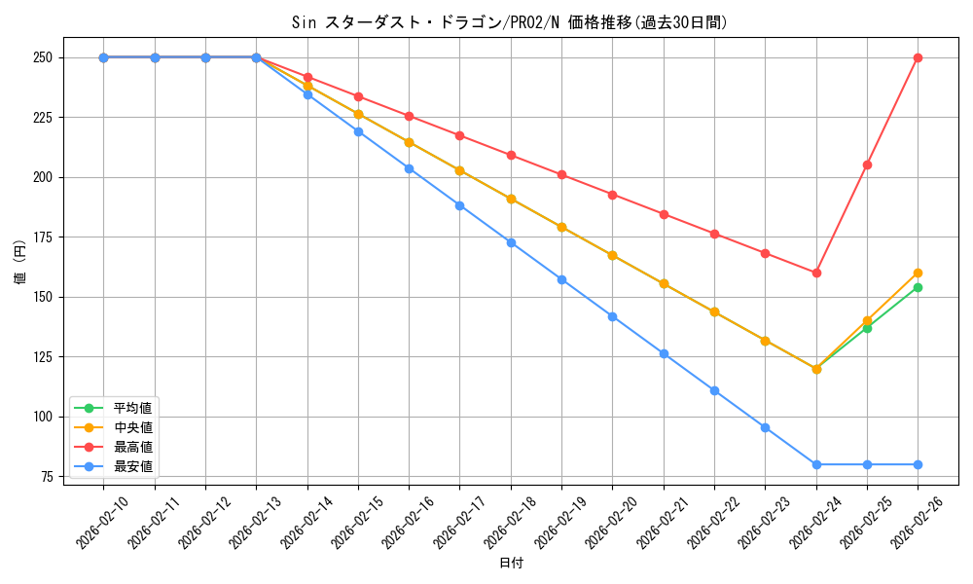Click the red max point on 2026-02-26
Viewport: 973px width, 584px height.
tap(918, 57)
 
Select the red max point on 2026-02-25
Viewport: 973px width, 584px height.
tap(867, 164)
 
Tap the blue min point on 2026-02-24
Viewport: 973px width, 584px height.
tap(816, 464)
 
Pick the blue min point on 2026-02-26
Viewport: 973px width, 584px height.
tap(918, 464)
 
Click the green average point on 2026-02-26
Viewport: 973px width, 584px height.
tap(918, 287)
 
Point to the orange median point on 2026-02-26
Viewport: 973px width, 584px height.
tap(918, 273)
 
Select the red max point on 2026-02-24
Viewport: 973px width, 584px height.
tap(816, 273)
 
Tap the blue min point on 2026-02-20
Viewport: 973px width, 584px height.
tap(612, 316)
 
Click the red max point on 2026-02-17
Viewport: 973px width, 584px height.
tap(459, 135)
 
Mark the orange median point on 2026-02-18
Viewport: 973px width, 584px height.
tap(511, 199)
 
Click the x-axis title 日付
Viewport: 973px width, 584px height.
tap(511, 564)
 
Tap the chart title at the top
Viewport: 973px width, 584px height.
tap(510, 21)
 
